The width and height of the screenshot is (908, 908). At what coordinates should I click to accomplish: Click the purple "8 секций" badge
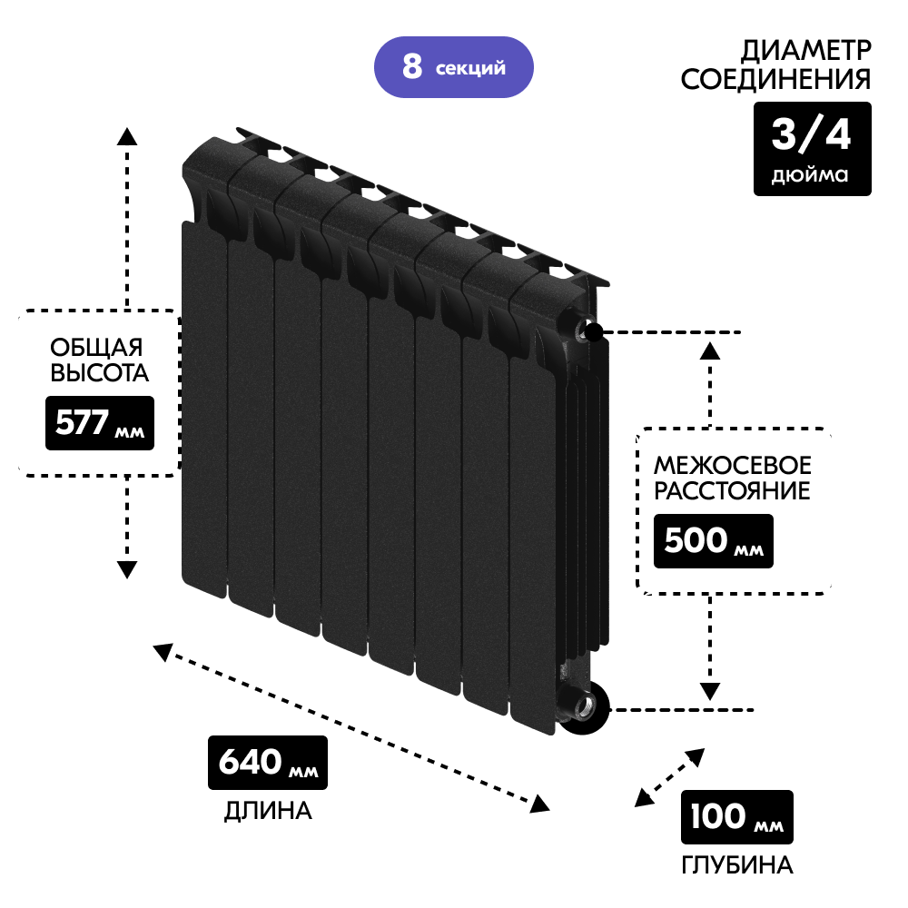[453, 67]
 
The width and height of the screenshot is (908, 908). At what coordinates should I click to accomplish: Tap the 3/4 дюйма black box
[812, 148]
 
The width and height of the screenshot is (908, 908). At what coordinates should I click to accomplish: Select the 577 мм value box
[100, 423]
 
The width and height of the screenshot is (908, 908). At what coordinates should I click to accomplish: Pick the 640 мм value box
[267, 762]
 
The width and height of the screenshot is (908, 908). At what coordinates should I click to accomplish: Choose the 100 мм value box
[736, 817]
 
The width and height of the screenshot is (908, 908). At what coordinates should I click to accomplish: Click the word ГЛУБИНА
[736, 865]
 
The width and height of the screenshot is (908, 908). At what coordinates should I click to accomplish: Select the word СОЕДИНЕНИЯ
[775, 80]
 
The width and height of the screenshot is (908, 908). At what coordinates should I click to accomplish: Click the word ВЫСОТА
[98, 373]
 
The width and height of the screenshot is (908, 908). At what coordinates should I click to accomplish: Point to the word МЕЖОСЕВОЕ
[733, 466]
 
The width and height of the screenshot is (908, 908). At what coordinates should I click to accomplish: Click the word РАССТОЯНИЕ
[733, 492]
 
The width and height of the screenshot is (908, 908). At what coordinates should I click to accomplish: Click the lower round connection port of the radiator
[582, 706]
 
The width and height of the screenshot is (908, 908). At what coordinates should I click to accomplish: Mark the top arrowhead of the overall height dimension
[127, 136]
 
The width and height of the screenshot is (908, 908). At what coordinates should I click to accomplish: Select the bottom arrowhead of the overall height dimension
[127, 570]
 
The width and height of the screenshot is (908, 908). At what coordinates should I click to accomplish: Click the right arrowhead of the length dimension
[541, 804]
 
